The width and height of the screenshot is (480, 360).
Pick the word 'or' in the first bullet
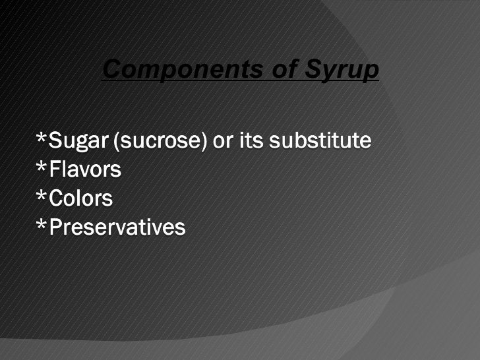tap(222, 141)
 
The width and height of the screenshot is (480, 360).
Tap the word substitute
tap(318, 141)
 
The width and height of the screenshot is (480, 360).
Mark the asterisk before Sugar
tap(42, 138)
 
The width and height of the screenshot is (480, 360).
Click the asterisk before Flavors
tap(42, 167)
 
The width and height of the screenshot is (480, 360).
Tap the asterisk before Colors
tap(42, 196)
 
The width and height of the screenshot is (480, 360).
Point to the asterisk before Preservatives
tap(42, 225)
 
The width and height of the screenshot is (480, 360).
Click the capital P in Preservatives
tap(57, 228)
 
